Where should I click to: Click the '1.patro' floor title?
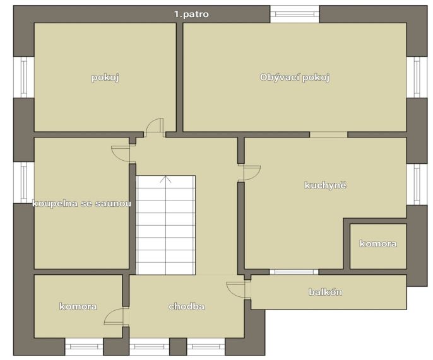pos(191,14)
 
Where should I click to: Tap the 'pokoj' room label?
pos(105,78)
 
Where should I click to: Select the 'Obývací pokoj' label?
pos(295,78)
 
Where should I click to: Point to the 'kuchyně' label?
pos(325,185)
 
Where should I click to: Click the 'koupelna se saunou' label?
pos(82,204)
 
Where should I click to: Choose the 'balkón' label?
pos(325,292)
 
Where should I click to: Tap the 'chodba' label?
pos(187,306)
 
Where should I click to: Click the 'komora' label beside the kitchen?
pos(378,243)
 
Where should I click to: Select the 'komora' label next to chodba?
pos(78,306)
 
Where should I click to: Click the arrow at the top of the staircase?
pos(165,179)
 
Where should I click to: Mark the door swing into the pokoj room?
pos(155,127)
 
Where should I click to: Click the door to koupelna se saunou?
pos(121,154)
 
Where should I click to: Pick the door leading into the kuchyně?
pos(249,173)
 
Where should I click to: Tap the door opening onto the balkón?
pos(235,289)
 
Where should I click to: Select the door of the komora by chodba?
pos(114,316)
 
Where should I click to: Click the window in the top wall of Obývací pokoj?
pos(295,14)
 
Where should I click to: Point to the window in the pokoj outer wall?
pos(24,78)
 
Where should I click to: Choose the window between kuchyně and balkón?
pos(294,272)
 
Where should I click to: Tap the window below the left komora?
pos(84,347)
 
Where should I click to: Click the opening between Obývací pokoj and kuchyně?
pos(329,134)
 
